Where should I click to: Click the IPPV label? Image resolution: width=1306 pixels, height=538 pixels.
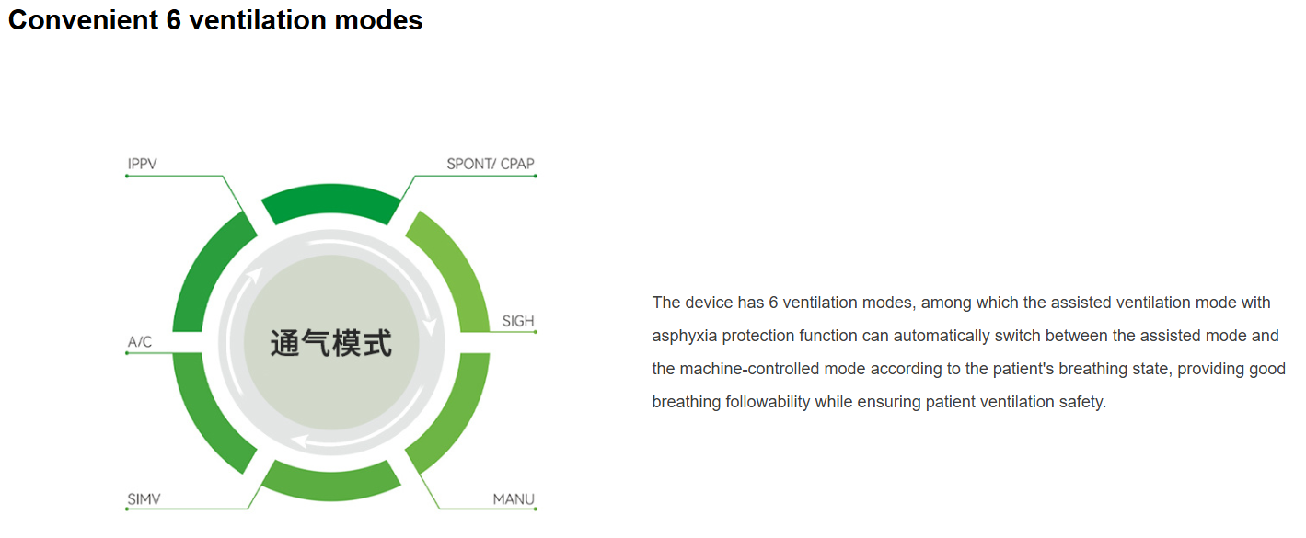coord(143,164)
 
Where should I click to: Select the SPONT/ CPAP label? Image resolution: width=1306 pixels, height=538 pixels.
coord(491,164)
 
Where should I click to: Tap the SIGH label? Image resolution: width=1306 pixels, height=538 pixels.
coord(518,321)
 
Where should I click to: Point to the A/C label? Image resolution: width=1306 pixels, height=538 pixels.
coord(140,341)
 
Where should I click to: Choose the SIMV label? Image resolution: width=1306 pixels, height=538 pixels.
coord(144,499)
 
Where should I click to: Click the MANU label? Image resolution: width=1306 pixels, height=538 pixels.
coord(514,499)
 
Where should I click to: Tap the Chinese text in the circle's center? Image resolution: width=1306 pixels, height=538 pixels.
coord(331,343)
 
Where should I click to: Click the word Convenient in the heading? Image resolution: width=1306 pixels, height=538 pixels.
coord(83,20)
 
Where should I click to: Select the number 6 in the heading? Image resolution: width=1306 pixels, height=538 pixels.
coord(174,20)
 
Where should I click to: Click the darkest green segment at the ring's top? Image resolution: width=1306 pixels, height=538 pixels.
coord(330,201)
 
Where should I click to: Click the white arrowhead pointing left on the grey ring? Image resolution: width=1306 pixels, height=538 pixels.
coord(299,441)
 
